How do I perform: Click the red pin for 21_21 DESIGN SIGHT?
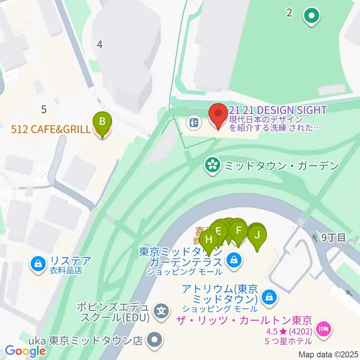pyautogui.click(x=218, y=114)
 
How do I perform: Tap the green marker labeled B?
pyautogui.click(x=102, y=122)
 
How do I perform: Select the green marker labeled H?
pyautogui.click(x=209, y=240)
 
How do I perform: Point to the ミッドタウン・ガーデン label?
pyautogui.click(x=281, y=165)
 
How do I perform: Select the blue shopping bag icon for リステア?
pyautogui.click(x=38, y=264)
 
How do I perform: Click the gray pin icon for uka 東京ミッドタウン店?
pyautogui.click(x=154, y=340)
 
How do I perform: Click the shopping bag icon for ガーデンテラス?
pyautogui.click(x=234, y=259)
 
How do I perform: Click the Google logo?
pyautogui.click(x=25, y=351)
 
